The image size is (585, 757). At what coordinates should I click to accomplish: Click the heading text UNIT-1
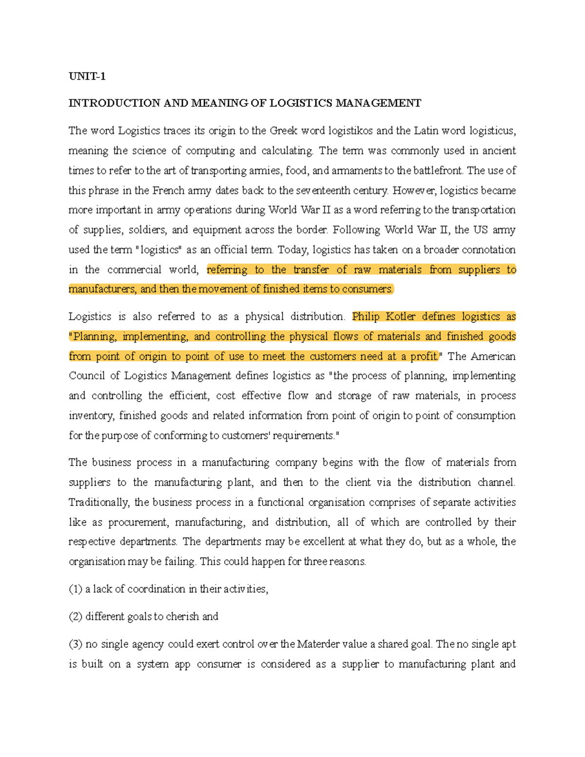tap(87, 76)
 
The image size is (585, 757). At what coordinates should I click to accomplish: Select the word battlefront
tap(438, 171)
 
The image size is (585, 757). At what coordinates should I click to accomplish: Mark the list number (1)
tap(76, 589)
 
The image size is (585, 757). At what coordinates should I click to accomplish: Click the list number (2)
tap(76, 616)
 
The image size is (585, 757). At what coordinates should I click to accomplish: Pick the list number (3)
tap(76, 644)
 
